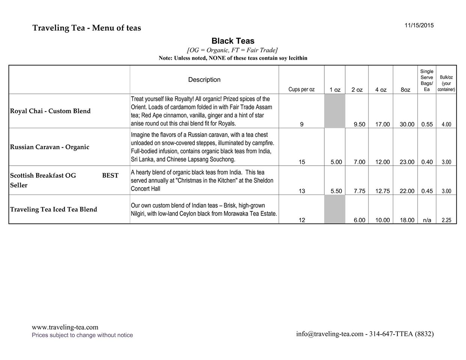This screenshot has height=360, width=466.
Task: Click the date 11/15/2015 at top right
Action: click(419, 25)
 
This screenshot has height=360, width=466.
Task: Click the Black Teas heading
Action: click(233, 41)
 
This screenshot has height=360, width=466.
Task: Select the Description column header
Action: click(204, 79)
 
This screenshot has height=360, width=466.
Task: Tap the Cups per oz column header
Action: click(301, 89)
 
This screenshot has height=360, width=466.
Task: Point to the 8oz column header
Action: click(405, 90)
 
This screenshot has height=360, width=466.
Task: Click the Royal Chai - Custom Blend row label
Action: click(50, 111)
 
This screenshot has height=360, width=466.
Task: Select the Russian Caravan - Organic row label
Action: click(50, 147)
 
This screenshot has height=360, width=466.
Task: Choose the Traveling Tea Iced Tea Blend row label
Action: click(53, 209)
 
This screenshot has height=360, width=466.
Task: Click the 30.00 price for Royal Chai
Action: click(407, 124)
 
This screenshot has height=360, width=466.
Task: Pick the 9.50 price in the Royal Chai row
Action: click(359, 124)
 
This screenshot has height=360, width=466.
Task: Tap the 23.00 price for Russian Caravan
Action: click(407, 162)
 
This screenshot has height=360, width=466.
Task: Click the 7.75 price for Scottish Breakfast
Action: click(359, 191)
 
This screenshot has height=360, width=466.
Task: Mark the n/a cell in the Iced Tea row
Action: click(427, 220)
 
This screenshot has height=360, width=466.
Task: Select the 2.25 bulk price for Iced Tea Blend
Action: click(446, 220)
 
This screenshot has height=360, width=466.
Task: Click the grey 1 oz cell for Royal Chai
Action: click(335, 111)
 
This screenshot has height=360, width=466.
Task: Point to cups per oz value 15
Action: click(302, 162)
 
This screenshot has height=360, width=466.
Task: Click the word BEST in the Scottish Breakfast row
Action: click(110, 175)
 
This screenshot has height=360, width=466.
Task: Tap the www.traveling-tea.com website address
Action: click(65, 327)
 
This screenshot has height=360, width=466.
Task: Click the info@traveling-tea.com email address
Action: click(330, 334)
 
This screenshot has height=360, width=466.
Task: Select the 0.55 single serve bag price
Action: click(427, 124)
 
